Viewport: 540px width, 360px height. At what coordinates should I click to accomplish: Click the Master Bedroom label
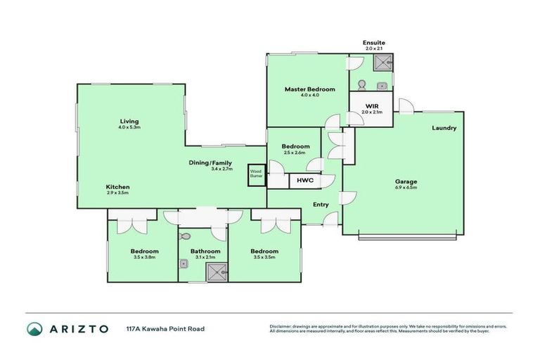click(x=309, y=89)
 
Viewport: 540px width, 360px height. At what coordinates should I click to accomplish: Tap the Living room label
click(x=129, y=121)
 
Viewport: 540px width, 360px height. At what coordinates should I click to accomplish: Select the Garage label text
click(x=405, y=181)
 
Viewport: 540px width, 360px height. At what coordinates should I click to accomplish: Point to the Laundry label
click(x=444, y=128)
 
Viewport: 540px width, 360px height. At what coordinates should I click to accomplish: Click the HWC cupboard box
click(x=305, y=181)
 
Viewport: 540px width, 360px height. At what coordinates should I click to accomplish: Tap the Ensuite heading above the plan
click(x=373, y=42)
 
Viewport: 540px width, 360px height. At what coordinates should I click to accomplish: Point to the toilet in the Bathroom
click(x=185, y=237)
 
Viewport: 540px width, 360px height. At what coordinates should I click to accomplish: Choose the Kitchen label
click(x=117, y=186)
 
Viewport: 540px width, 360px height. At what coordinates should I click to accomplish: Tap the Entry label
click(x=320, y=205)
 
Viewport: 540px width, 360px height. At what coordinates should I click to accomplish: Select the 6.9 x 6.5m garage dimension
click(x=405, y=188)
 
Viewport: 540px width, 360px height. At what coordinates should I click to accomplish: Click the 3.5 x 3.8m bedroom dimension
click(x=144, y=258)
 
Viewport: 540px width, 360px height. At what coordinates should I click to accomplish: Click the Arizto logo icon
click(x=34, y=328)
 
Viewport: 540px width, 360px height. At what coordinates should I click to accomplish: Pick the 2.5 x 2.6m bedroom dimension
click(x=295, y=153)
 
